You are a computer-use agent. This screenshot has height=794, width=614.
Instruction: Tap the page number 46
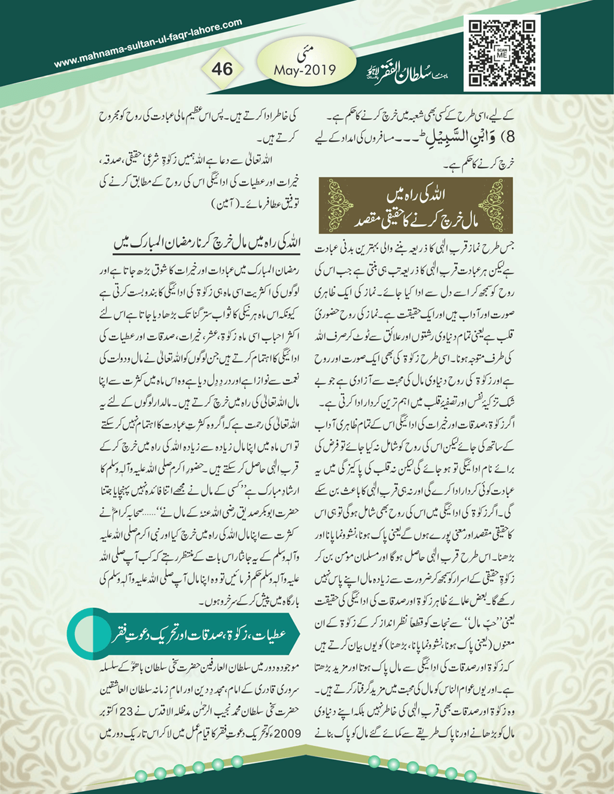coord(222,68)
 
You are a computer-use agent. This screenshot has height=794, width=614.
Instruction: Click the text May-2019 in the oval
coord(305,70)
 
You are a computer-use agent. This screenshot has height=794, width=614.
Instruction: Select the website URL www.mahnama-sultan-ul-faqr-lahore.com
coord(148,43)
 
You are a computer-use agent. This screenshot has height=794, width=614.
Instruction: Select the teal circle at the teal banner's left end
coord(88,634)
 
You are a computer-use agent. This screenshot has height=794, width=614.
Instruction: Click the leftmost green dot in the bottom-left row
coord(141,776)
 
